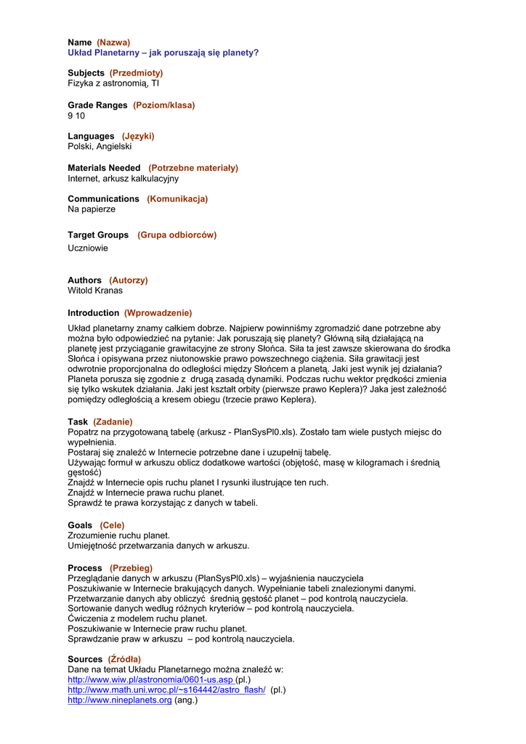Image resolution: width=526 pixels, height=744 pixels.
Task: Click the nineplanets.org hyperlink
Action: tap(119, 700)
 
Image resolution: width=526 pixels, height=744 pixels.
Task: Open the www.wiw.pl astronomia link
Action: tap(150, 679)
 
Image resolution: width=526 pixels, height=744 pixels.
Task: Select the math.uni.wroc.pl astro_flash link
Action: tap(166, 690)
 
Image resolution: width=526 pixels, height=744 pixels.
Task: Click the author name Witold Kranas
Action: tap(95, 291)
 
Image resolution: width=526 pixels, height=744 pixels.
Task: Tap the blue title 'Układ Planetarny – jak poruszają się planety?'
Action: tap(163, 53)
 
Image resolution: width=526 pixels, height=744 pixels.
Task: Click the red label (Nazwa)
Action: tap(113, 43)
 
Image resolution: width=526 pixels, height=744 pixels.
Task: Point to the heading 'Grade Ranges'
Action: tap(97, 105)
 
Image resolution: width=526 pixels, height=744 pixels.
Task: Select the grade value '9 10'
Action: tap(76, 116)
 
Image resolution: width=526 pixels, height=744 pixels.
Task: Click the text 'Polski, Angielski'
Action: tap(100, 146)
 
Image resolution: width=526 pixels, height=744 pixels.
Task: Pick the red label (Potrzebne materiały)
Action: tap(193, 168)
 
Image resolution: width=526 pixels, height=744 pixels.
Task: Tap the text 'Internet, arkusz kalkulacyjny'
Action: tap(123, 178)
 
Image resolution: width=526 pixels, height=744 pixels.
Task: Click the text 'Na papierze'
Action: tap(92, 209)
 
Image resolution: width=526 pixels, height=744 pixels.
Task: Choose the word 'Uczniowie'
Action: tap(88, 248)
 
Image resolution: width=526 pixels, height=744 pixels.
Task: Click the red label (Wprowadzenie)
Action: tap(158, 313)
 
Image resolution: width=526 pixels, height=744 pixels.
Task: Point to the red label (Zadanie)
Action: tap(113, 421)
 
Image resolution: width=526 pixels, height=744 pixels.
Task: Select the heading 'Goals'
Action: tap(80, 525)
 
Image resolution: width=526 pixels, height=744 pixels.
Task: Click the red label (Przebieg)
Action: tap(131, 567)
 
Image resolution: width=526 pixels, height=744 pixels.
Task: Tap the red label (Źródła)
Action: tap(124, 659)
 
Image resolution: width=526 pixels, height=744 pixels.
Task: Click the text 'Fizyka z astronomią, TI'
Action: tap(113, 84)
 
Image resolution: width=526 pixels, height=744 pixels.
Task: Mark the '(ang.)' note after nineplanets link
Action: tap(186, 700)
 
